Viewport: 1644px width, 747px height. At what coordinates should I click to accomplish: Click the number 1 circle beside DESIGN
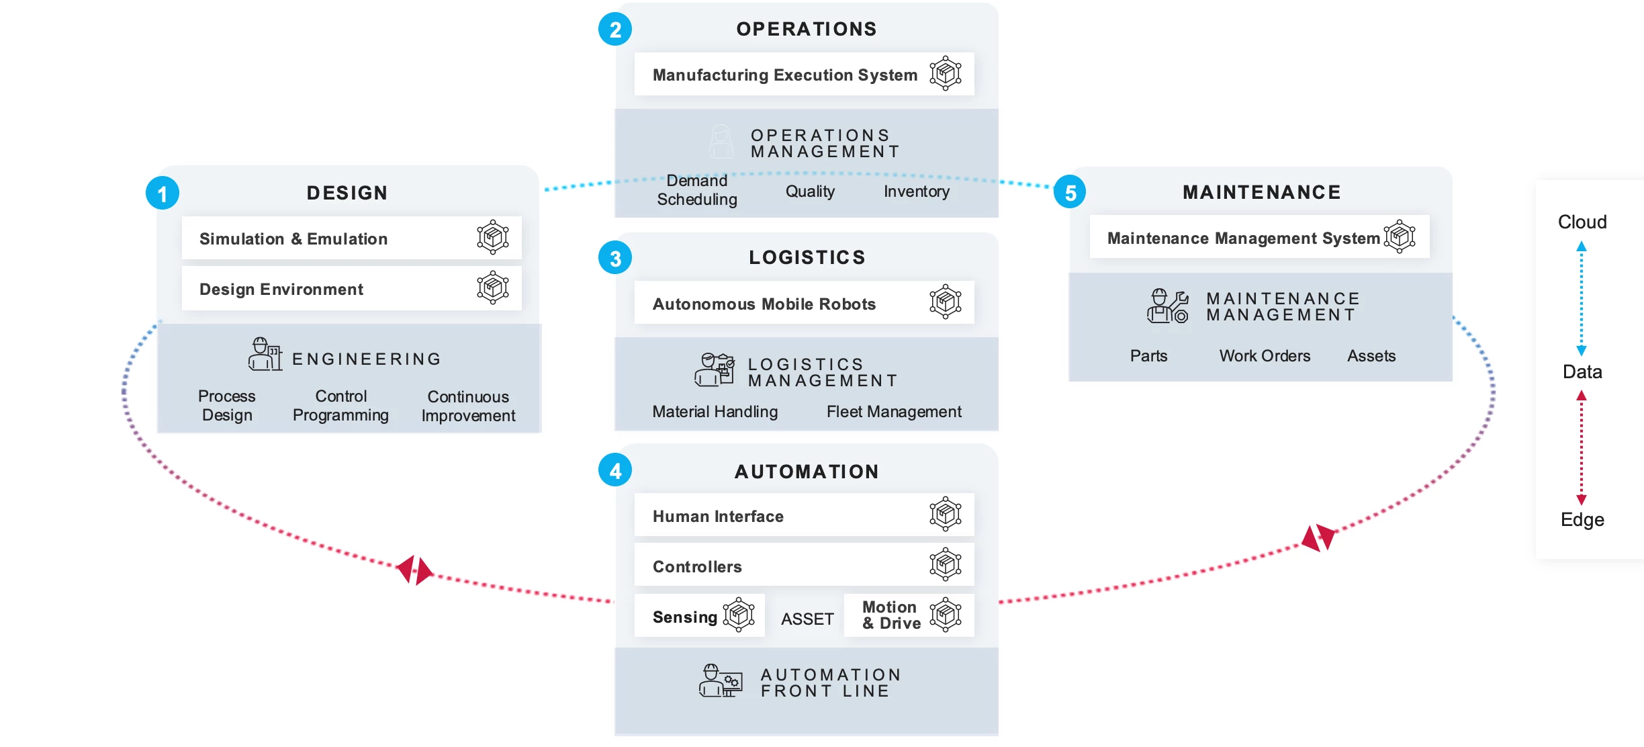pos(163,193)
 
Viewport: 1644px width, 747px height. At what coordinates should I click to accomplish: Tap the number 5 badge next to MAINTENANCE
pos(1070,192)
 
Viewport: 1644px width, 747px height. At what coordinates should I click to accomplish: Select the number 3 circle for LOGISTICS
pos(615,258)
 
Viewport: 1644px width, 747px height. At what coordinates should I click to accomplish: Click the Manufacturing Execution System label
pos(784,75)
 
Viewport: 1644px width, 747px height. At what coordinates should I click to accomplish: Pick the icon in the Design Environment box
pos(493,288)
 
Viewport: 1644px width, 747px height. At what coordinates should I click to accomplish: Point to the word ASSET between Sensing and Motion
pos(807,619)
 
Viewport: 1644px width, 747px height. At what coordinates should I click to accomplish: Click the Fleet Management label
pos(894,411)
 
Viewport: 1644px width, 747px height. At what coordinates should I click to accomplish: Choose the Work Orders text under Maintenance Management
pos(1265,355)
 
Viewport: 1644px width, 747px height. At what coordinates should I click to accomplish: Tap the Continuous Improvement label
pos(468,406)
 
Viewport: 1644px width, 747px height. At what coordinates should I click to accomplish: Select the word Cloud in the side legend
pos(1582,222)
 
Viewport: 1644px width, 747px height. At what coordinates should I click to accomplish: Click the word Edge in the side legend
pos(1582,519)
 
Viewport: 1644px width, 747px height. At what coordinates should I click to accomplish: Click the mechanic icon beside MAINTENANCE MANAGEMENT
pos(1167,306)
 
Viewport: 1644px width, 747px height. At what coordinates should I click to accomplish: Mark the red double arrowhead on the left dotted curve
pos(414,570)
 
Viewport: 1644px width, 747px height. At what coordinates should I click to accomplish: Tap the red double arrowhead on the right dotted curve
pos(1318,537)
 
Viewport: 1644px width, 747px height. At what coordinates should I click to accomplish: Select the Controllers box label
pos(697,566)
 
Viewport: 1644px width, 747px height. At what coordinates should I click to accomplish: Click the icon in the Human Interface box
pos(946,514)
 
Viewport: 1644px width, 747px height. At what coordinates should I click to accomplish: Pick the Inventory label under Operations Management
pos(917,191)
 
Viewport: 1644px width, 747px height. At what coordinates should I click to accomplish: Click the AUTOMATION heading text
pos(807,472)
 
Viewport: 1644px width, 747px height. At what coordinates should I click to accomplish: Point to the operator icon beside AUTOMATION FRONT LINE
pos(720,680)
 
